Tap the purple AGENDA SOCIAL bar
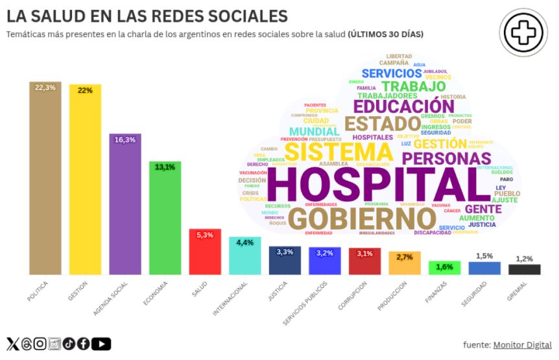tap(125, 204)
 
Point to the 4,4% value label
tap(245, 243)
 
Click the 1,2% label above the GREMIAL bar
tap(524, 259)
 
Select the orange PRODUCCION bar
tap(405, 263)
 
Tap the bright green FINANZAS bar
tap(445, 268)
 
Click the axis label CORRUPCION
tap(353, 296)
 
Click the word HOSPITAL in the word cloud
tap(379, 184)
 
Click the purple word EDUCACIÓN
tap(404, 105)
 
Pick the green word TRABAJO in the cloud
tap(414, 86)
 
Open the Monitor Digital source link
tap(523, 344)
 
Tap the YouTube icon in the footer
tap(104, 344)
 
